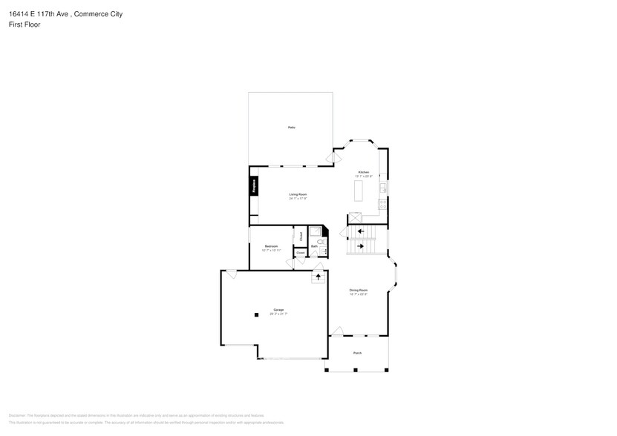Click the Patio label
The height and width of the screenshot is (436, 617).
click(x=291, y=128)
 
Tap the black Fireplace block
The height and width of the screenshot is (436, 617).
click(x=253, y=185)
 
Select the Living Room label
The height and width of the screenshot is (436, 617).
click(x=298, y=194)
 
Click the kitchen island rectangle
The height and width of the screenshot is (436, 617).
click(x=359, y=191)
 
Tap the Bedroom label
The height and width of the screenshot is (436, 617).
click(x=271, y=246)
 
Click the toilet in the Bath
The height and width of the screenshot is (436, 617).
click(x=319, y=242)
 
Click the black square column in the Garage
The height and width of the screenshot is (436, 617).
click(x=256, y=314)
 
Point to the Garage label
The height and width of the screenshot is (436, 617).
click(x=278, y=309)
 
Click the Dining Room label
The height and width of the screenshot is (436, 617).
click(x=359, y=290)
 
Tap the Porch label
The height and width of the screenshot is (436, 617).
click(x=357, y=353)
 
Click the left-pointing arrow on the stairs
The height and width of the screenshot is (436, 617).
click(x=361, y=231)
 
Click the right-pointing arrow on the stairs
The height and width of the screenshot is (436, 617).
click(x=361, y=246)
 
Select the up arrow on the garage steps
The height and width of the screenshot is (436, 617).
click(x=319, y=277)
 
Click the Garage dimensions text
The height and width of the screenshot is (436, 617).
click(x=278, y=314)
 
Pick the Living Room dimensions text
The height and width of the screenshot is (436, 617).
click(x=298, y=199)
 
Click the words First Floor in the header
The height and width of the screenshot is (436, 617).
click(x=25, y=24)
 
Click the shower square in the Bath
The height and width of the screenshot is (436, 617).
click(x=315, y=232)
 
